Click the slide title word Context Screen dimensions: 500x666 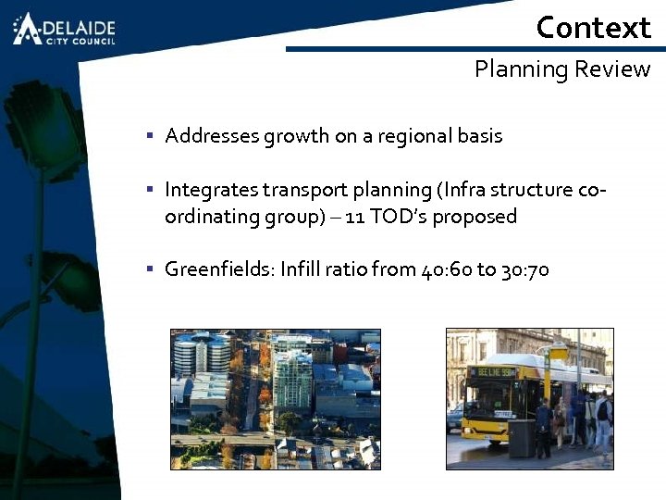(x=593, y=28)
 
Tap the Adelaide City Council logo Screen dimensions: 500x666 (x=64, y=29)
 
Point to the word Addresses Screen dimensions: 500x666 (x=212, y=136)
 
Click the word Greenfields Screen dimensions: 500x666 (x=218, y=270)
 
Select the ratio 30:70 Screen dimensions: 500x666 (x=524, y=270)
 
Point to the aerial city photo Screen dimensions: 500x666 (x=275, y=398)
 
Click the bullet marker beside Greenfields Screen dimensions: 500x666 (x=149, y=270)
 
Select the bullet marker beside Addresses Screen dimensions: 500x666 (x=149, y=136)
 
